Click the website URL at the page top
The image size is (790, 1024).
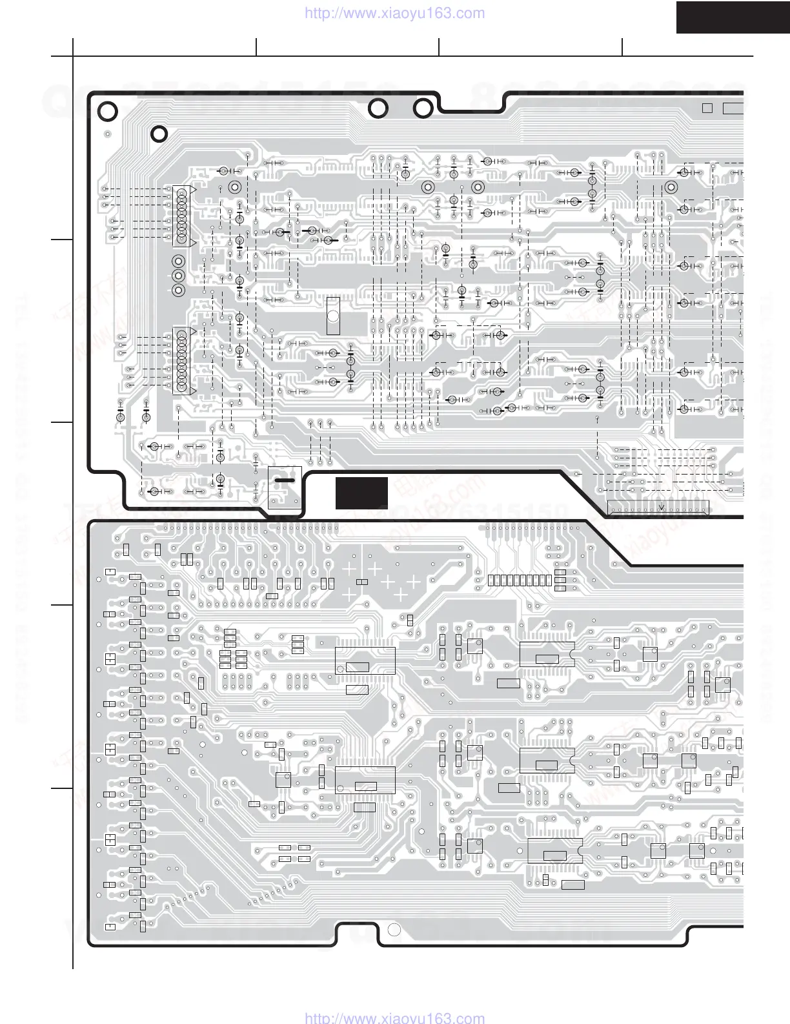click(x=394, y=13)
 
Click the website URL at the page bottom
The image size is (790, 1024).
click(x=394, y=1018)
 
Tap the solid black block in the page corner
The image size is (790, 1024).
click(x=733, y=17)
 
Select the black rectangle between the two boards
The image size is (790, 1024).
click(x=361, y=493)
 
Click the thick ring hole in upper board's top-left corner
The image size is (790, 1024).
click(x=108, y=112)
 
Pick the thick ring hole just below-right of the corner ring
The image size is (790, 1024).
click(x=159, y=134)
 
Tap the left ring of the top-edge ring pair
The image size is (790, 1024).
click(x=378, y=109)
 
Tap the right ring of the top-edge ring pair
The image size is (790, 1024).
click(x=423, y=109)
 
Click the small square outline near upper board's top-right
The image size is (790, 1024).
click(x=707, y=108)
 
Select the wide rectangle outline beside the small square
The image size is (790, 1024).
click(x=733, y=108)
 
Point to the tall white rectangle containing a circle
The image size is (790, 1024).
click(x=333, y=316)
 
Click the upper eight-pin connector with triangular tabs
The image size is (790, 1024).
click(x=181, y=216)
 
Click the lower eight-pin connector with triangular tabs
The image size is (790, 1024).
click(x=181, y=362)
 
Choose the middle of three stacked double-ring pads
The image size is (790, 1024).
click(x=178, y=276)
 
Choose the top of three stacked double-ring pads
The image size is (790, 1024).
click(x=178, y=261)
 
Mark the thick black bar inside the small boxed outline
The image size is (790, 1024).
click(x=285, y=480)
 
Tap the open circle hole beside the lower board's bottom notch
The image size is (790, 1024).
click(x=394, y=930)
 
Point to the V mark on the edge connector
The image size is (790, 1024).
click(x=661, y=506)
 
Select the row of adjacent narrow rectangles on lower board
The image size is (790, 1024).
click(x=520, y=580)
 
